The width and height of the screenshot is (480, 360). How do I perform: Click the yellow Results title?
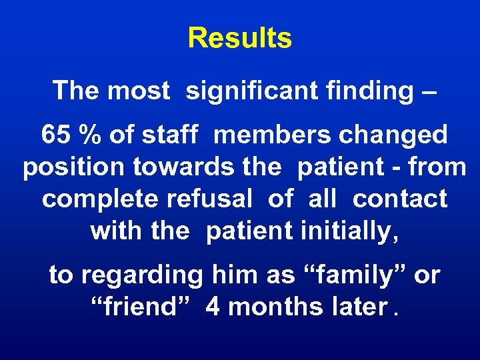click(239, 38)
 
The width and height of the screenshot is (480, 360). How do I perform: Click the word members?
click(273, 135)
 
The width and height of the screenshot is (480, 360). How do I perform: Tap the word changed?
click(393, 135)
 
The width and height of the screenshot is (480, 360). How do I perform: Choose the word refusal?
click(211, 198)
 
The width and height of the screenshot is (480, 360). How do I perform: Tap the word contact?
click(399, 198)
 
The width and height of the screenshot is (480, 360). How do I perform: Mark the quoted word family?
click(347, 275)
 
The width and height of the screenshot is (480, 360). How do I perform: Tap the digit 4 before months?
click(213, 307)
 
